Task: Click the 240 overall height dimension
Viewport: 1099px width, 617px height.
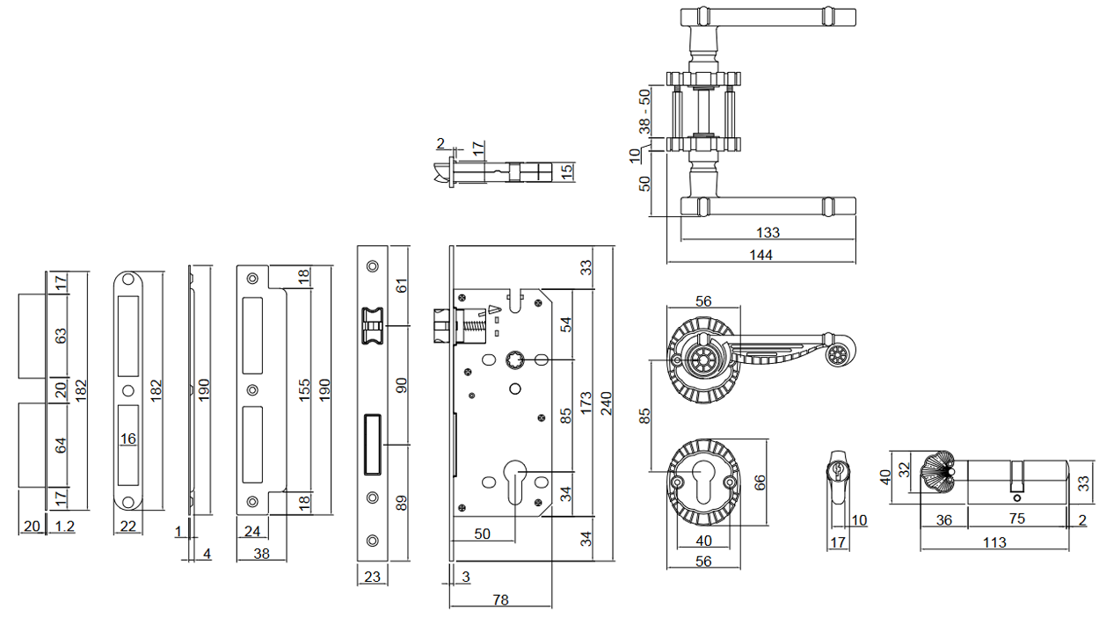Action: coord(606,402)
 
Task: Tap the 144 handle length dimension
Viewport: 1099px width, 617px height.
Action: coord(761,255)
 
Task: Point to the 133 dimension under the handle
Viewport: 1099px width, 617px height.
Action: coord(768,233)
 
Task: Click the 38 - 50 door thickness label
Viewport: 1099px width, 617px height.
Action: coord(644,111)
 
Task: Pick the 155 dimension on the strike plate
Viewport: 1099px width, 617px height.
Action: coord(303,391)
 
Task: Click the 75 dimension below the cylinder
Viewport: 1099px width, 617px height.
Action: coord(1016,519)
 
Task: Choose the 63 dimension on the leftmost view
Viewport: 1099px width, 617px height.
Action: coord(62,338)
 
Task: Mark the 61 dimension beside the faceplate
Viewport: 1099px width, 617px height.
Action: coord(402,286)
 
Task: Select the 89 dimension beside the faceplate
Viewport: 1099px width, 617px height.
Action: coord(402,503)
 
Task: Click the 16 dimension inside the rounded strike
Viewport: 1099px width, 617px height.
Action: coord(128,439)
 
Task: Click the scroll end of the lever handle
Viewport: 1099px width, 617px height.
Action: coord(839,353)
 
